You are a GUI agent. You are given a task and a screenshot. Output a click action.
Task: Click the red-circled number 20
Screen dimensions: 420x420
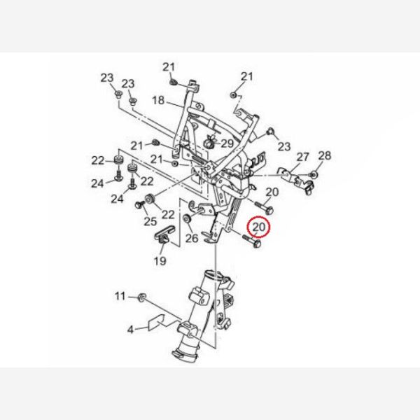click(259, 227)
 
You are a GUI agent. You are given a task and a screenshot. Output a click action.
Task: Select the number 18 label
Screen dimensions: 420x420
click(158, 100)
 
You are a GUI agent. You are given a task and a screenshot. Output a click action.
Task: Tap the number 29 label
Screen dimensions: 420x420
click(227, 143)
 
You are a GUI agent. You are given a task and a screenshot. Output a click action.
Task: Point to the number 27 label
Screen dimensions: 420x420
click(302, 157)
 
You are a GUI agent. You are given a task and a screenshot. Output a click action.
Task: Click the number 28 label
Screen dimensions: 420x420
click(325, 155)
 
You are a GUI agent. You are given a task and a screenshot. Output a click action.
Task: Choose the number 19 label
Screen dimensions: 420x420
click(160, 260)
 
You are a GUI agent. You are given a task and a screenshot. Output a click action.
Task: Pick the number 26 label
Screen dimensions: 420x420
click(192, 238)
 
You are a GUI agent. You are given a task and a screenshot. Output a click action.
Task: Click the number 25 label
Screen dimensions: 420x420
click(150, 221)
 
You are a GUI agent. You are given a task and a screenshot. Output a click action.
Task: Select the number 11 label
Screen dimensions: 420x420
click(120, 296)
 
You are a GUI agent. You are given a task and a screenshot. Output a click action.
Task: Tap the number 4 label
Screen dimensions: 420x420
click(130, 330)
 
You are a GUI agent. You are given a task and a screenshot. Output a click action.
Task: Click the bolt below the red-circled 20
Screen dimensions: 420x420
click(252, 241)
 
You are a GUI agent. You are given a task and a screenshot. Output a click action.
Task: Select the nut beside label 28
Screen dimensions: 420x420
click(314, 175)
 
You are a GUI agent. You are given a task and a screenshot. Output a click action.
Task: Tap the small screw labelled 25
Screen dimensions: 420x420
click(139, 205)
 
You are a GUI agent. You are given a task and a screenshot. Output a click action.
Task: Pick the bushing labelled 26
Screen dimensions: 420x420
click(186, 218)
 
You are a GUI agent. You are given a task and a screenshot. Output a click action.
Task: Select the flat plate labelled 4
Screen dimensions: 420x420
click(156, 322)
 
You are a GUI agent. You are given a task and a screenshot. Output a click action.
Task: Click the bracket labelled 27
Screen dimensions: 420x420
click(295, 178)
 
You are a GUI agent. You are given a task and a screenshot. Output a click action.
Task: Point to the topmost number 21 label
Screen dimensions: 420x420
click(169, 67)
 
